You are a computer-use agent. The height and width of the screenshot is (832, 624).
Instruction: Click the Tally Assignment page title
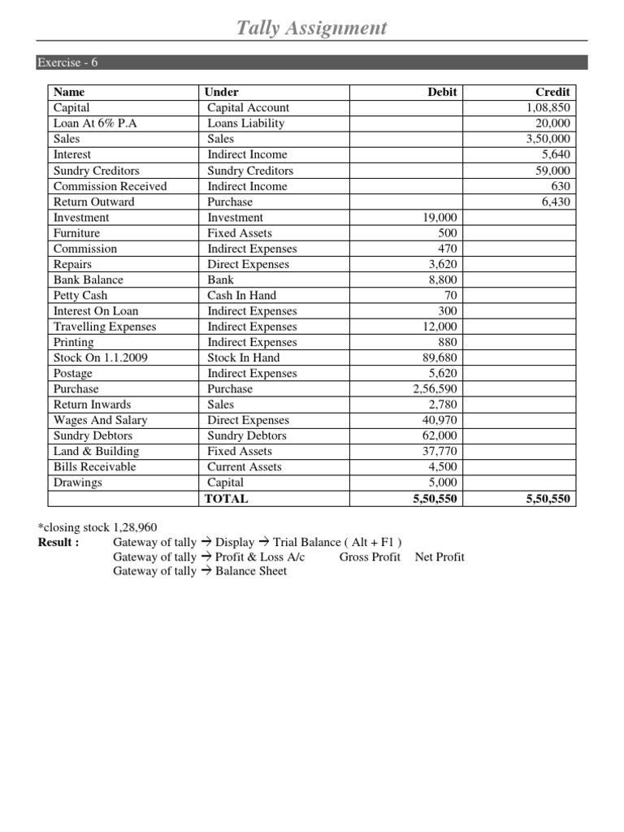tap(311, 28)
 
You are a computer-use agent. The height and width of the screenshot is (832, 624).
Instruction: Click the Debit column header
tap(442, 92)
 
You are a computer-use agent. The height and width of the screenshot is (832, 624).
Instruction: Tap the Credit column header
tap(552, 92)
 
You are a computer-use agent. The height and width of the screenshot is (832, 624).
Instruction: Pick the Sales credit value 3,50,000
tap(548, 139)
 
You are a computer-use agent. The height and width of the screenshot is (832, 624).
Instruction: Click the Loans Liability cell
tap(245, 123)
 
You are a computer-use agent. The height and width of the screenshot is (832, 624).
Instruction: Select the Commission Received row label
tap(110, 186)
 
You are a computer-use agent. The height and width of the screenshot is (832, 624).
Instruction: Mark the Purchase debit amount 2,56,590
tap(435, 389)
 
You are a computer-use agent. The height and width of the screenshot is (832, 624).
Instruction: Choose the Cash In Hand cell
tap(241, 296)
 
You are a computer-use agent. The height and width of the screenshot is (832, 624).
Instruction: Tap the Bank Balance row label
tap(88, 279)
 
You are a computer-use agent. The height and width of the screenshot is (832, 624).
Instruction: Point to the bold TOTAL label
tap(227, 499)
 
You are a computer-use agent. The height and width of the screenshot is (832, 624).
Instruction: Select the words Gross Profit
tap(370, 557)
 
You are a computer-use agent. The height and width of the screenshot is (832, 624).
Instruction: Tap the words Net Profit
tap(440, 557)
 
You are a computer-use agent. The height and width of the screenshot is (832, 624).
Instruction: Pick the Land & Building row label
tap(96, 451)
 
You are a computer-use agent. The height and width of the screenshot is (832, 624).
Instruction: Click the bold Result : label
tap(58, 542)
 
